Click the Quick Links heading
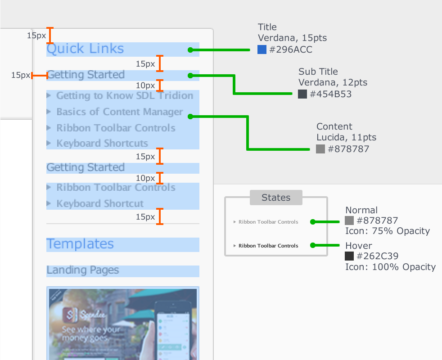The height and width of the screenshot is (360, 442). (85, 49)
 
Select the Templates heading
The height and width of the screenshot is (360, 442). (80, 244)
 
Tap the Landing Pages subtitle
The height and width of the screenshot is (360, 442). (83, 270)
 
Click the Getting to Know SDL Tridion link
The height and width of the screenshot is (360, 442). (125, 95)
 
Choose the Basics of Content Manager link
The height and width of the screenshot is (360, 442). (120, 112)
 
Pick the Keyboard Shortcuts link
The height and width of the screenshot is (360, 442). (102, 144)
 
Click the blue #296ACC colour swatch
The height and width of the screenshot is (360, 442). (262, 49)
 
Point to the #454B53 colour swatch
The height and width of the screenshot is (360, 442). (302, 94)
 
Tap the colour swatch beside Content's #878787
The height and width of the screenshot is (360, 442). (320, 149)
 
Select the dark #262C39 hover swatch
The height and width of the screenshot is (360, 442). (349, 256)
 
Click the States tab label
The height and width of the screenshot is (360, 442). (276, 198)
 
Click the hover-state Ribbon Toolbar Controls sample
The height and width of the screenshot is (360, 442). (268, 246)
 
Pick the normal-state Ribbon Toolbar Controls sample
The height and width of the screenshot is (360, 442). (268, 222)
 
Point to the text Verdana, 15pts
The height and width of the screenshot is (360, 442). (292, 38)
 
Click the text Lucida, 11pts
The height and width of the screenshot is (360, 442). (346, 138)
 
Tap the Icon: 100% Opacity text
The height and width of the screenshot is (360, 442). (390, 267)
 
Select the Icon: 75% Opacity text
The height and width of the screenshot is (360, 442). (388, 231)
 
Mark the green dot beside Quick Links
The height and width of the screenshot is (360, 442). (190, 49)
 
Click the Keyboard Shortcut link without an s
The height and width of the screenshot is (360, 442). (100, 203)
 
